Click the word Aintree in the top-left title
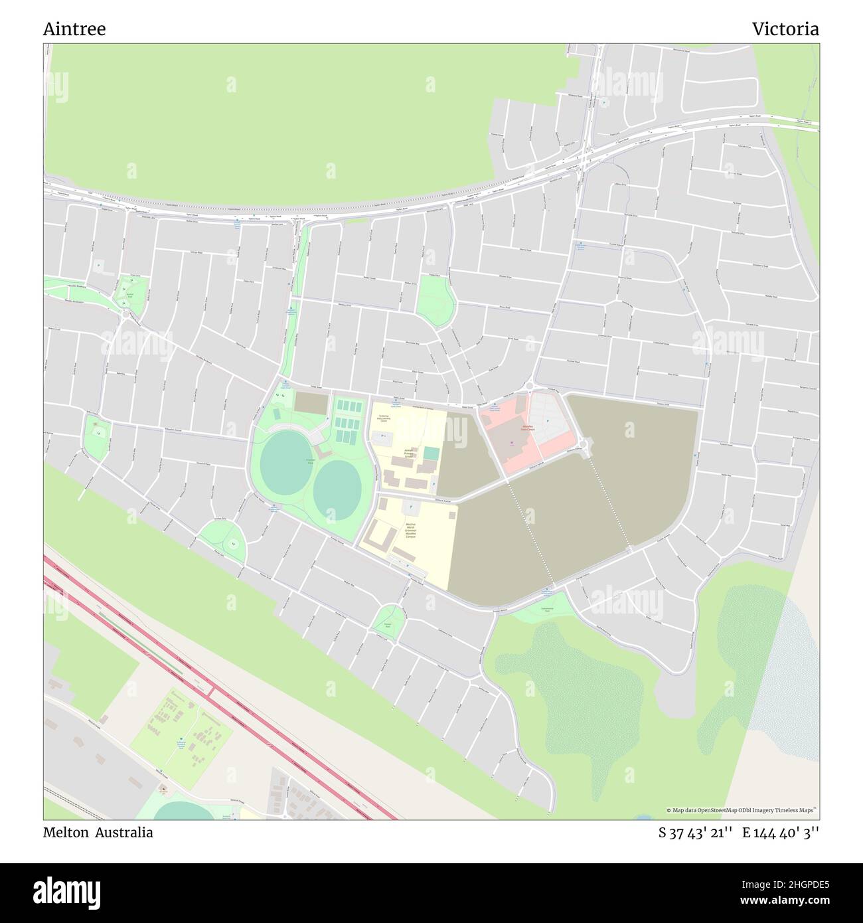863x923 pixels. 74,29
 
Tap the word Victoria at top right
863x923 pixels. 785,29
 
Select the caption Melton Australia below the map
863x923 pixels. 98,833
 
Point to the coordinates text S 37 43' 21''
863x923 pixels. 695,833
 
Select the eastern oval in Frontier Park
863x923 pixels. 337,483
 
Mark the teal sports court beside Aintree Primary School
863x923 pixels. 431,454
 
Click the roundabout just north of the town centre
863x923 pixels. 530,386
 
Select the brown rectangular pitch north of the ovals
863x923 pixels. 311,402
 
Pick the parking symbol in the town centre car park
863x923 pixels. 548,420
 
